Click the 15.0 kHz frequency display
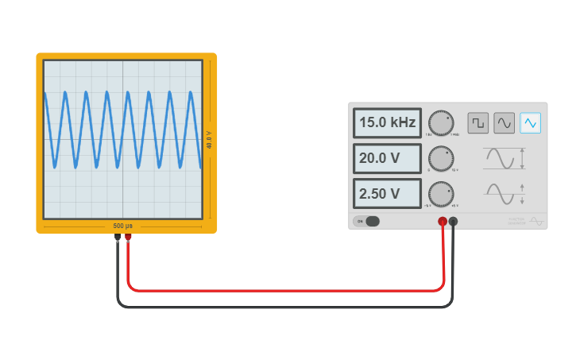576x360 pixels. tap(387, 123)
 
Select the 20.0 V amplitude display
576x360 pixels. tap(387, 158)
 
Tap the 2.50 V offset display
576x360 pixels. tap(387, 193)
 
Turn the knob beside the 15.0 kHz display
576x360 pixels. tap(441, 123)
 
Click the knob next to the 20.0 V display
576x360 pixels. tap(441, 158)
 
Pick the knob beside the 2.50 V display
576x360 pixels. tap(441, 193)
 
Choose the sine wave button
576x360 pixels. tap(504, 122)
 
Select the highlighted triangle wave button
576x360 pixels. tap(530, 122)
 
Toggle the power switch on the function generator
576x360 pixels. tap(368, 221)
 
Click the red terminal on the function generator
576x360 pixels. tap(443, 221)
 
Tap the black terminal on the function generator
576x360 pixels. tap(453, 221)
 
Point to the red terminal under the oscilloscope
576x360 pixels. tap(128, 237)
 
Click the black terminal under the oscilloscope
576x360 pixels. tap(118, 237)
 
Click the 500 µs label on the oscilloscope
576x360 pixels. tap(123, 226)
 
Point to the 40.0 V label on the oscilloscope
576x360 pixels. tap(209, 140)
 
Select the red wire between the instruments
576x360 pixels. tap(286, 290)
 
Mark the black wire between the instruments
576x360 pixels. tap(286, 306)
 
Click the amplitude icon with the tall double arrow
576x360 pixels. tap(505, 158)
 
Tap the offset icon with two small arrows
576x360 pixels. tap(505, 193)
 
